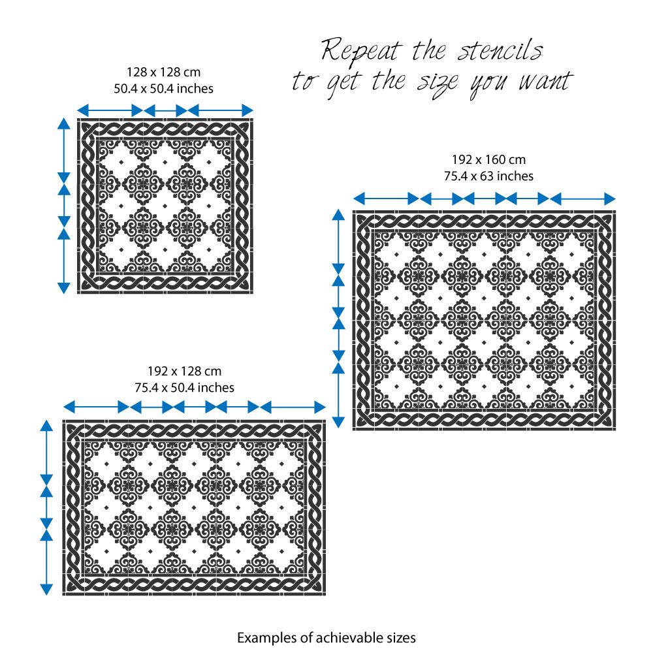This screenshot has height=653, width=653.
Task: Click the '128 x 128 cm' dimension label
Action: tap(164, 72)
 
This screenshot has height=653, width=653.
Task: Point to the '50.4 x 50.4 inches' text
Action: tap(164, 89)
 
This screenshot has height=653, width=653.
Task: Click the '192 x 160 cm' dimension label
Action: tap(489, 159)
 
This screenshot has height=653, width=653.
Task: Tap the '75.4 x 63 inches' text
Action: tap(488, 176)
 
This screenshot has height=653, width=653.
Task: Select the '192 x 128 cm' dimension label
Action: tap(185, 371)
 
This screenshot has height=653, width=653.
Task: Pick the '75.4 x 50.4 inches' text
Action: tap(185, 388)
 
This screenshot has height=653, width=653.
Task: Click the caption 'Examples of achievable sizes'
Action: tap(326, 637)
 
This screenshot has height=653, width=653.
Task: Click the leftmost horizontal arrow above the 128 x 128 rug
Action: tap(110, 110)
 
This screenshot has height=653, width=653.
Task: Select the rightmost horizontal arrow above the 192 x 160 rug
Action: tap(583, 199)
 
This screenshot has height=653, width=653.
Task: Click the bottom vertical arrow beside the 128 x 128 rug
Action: tap(64, 261)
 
